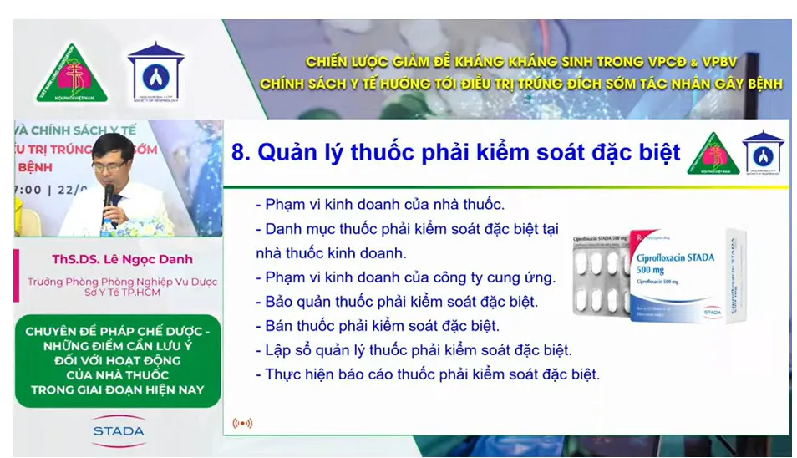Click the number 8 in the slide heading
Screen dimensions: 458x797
(240, 152)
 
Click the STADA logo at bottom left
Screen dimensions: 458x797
(118, 430)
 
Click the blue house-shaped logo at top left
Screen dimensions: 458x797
(155, 73)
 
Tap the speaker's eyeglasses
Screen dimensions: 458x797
(109, 165)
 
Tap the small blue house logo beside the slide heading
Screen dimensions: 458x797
(762, 153)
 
